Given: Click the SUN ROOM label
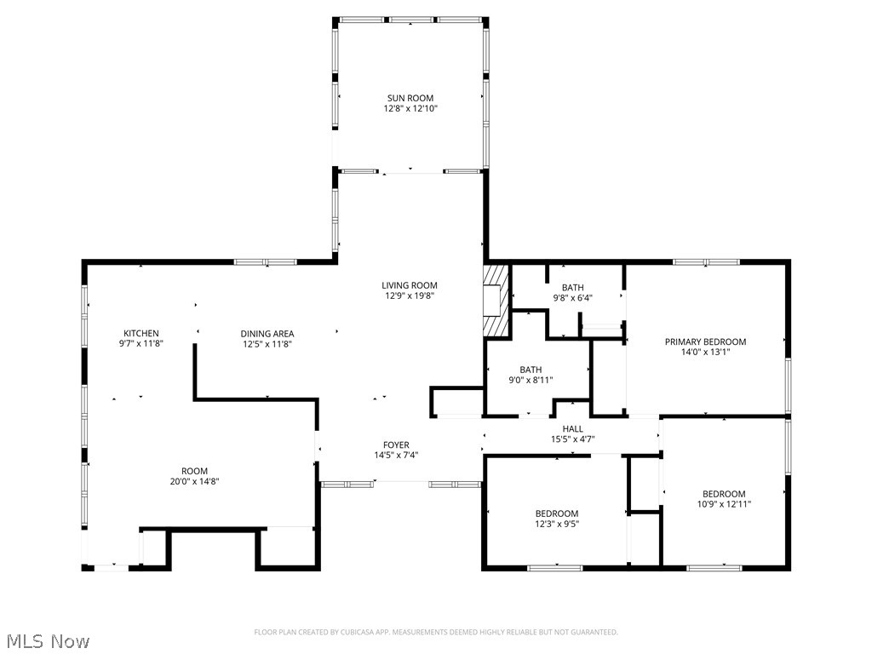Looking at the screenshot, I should pyautogui.click(x=410, y=98).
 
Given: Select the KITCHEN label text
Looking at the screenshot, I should pyautogui.click(x=141, y=333).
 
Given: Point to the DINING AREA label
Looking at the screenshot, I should pyautogui.click(x=267, y=334).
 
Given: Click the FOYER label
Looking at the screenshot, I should pyautogui.click(x=396, y=445).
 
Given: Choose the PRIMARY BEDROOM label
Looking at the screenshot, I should pyautogui.click(x=705, y=341).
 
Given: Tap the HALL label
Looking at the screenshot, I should pyautogui.click(x=572, y=428).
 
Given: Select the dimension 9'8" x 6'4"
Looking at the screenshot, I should pyautogui.click(x=573, y=298).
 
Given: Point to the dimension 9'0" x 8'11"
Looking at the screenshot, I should pyautogui.click(x=531, y=380).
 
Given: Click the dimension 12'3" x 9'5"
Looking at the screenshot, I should pyautogui.click(x=557, y=524).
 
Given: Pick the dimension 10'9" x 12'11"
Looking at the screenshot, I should pyautogui.click(x=724, y=504).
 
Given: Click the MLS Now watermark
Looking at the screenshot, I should pyautogui.click(x=48, y=640).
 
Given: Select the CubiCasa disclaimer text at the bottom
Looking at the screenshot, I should pyautogui.click(x=436, y=632).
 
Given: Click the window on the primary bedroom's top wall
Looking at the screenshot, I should pyautogui.click(x=706, y=261).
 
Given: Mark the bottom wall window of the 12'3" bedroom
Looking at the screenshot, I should pyautogui.click(x=555, y=566).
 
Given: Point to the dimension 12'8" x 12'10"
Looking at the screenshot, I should pyautogui.click(x=410, y=109).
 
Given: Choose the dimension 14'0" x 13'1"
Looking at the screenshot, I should pyautogui.click(x=705, y=352).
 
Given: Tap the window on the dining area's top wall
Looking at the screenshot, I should pyautogui.click(x=265, y=261).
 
